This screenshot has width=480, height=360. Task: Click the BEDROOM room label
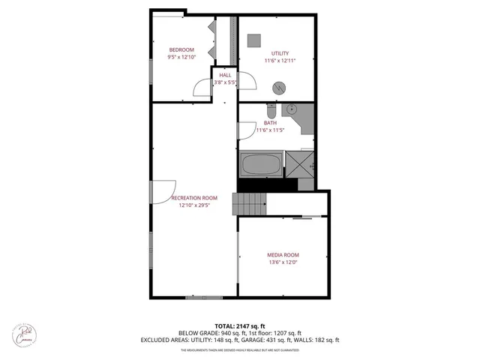coord(181,49)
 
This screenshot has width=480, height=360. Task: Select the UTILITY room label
coord(275,53)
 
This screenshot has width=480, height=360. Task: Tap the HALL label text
coord(225,75)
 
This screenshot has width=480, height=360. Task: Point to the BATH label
coord(270,123)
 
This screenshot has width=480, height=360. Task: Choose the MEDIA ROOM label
coord(283,255)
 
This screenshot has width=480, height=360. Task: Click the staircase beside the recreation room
coord(249,203)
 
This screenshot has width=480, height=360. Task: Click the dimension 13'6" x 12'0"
coord(283,262)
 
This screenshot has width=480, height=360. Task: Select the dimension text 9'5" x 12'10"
coord(181,57)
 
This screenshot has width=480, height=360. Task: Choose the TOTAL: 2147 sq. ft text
coord(240,326)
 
